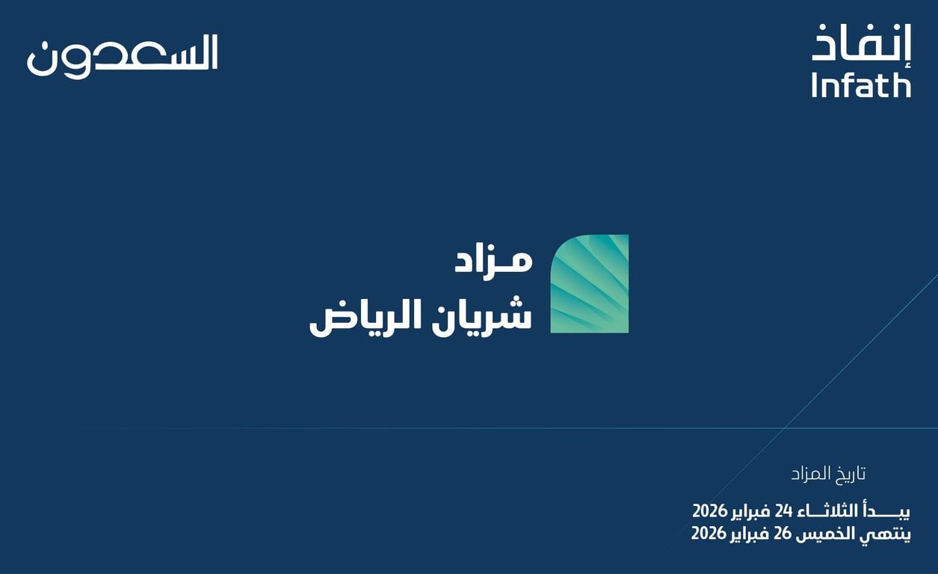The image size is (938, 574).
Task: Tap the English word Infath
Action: coord(861,85)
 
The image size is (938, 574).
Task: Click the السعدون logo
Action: coord(123,56)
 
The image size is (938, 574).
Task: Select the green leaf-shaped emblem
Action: coord(590,284)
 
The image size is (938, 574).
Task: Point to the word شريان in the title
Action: coord(482,314)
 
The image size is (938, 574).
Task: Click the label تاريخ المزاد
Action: coord(828,474)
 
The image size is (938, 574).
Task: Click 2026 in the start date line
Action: coord(709,511)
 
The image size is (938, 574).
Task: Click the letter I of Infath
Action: coord(815,85)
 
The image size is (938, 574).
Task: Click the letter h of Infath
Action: coord(903,85)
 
